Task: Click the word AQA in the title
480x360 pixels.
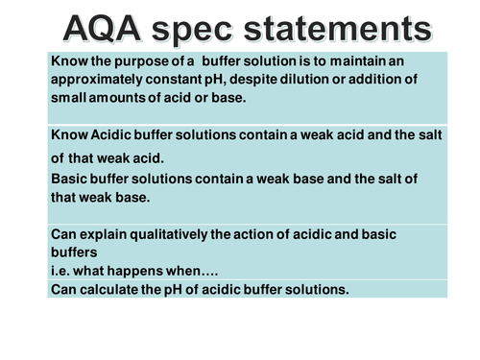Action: (104, 27)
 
